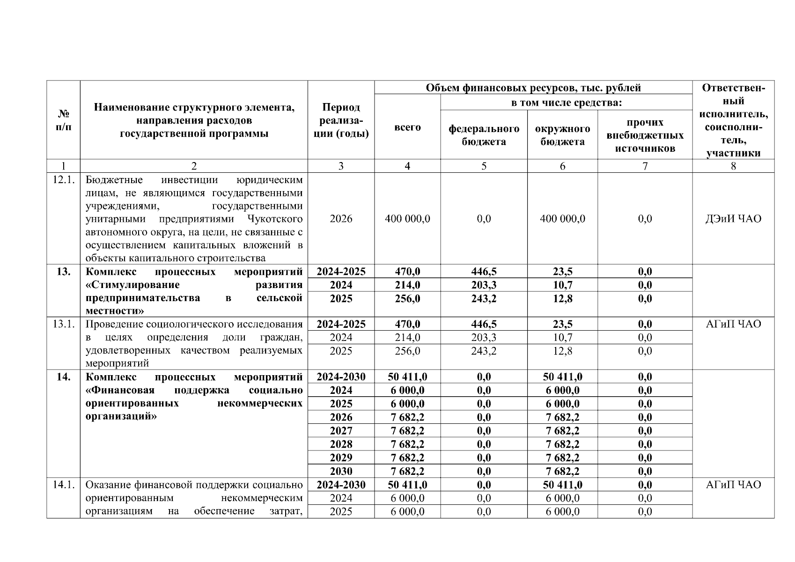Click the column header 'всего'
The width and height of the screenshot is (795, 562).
[x=407, y=127]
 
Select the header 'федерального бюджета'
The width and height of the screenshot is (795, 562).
[x=484, y=135]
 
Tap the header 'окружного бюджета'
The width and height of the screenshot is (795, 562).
[x=562, y=135]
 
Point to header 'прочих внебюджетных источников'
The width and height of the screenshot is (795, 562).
[x=645, y=135]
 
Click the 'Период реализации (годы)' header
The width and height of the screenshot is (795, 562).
[x=341, y=120]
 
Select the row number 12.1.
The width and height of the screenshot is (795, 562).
[x=63, y=180]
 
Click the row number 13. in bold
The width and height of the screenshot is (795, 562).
[x=63, y=272]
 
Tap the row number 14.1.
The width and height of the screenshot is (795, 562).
[x=63, y=485]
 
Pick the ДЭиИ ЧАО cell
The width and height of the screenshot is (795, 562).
[x=733, y=219]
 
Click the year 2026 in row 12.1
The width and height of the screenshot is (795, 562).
[x=341, y=219]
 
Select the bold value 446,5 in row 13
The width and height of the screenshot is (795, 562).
[x=484, y=272]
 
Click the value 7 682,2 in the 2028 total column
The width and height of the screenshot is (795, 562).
[x=407, y=444]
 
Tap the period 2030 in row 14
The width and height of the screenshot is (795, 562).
[x=341, y=471]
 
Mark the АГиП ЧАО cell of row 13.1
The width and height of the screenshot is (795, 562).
[x=733, y=324]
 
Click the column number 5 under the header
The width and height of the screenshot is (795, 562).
[x=484, y=166]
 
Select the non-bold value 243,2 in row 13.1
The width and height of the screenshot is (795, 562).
[x=484, y=351]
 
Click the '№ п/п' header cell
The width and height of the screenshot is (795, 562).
[x=63, y=120]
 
